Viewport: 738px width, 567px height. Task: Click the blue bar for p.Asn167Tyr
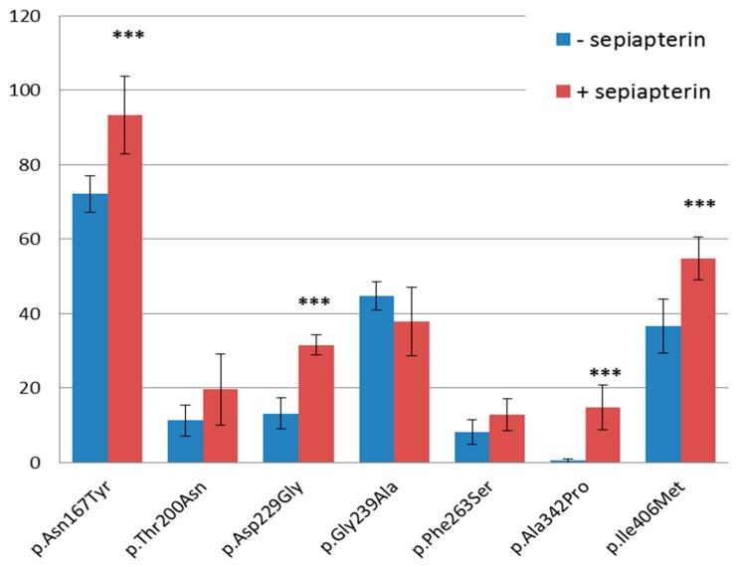click(x=90, y=328)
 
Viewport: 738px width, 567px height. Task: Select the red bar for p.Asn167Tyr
click(x=125, y=288)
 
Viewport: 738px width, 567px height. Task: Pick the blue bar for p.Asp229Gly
click(x=280, y=439)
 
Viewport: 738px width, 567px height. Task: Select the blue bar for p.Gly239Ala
click(x=376, y=379)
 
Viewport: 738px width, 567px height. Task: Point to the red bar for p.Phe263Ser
click(x=507, y=439)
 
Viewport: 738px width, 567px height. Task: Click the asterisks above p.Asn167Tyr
click(x=128, y=37)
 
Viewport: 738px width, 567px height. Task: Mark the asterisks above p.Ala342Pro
click(x=605, y=375)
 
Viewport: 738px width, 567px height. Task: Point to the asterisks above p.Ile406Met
click(x=700, y=205)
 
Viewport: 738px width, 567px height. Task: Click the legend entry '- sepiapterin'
click(x=633, y=40)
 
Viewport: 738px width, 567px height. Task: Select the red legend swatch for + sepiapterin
click(x=563, y=93)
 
